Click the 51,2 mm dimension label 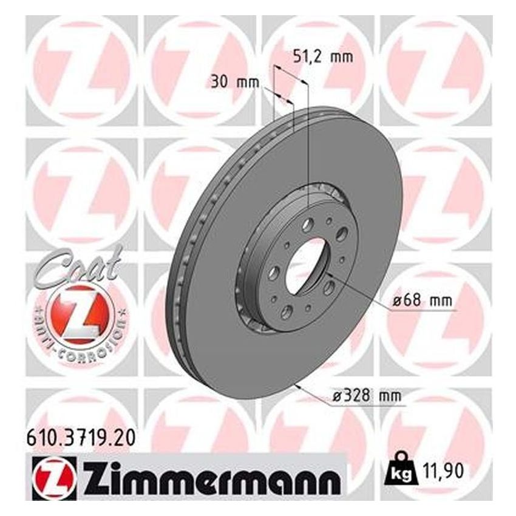[322, 57]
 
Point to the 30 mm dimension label [235, 81]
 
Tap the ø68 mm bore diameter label [423, 300]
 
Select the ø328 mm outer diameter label [367, 395]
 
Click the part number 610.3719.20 [81, 438]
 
